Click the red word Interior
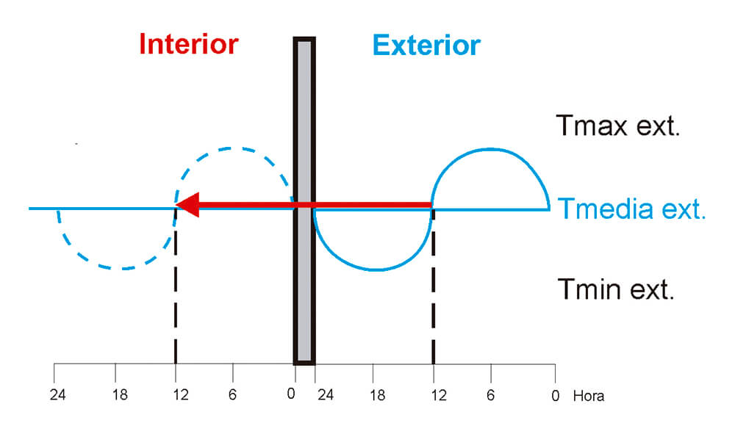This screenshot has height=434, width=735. [x=189, y=44]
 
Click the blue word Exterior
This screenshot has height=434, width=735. [x=426, y=46]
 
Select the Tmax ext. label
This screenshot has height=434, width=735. [x=617, y=126]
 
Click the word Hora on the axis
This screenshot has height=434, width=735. [x=588, y=396]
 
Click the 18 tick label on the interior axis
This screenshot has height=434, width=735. [x=121, y=395]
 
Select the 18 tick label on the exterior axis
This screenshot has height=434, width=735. [x=377, y=395]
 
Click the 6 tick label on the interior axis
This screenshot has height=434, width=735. [x=233, y=395]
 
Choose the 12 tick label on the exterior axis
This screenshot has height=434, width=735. [x=438, y=395]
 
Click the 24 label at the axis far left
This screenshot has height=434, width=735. [x=56, y=395]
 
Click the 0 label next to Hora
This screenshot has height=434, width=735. [x=555, y=395]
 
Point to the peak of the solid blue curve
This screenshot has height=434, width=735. [x=490, y=149]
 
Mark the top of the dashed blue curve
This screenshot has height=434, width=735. [x=233, y=148]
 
